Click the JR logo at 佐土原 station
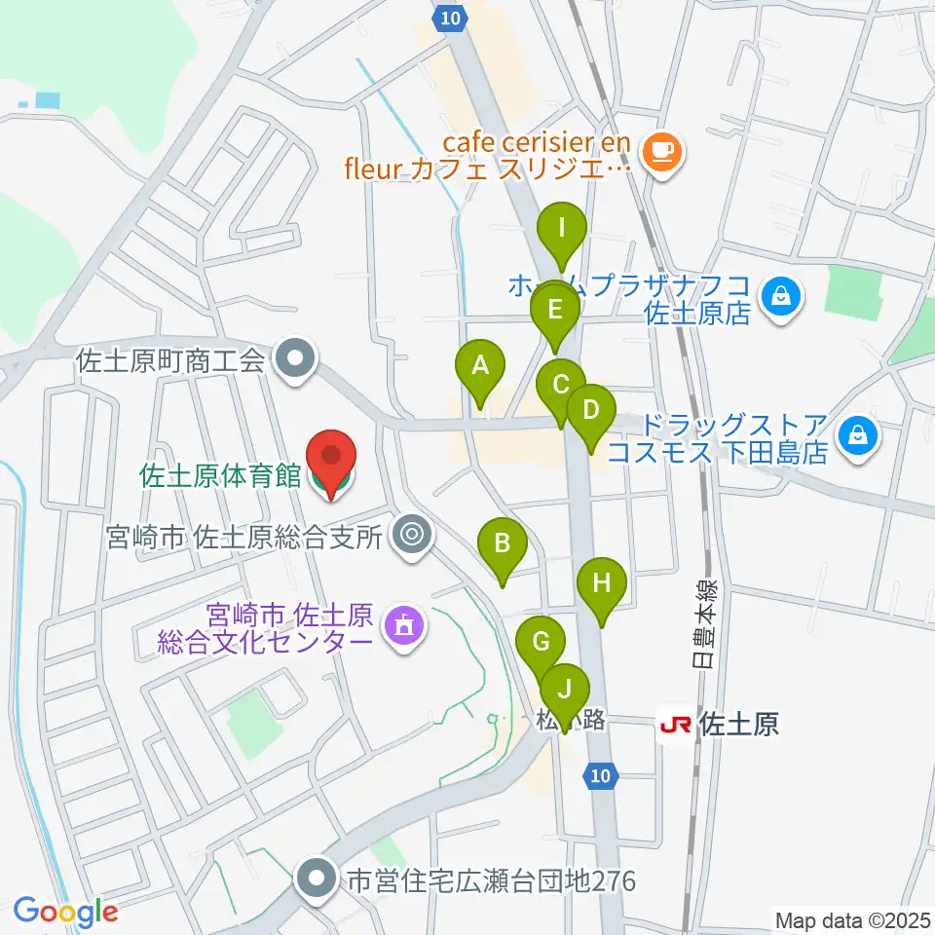(x=676, y=725)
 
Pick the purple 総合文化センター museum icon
(x=403, y=624)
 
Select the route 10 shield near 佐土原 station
(x=600, y=775)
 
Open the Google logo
(x=65, y=912)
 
